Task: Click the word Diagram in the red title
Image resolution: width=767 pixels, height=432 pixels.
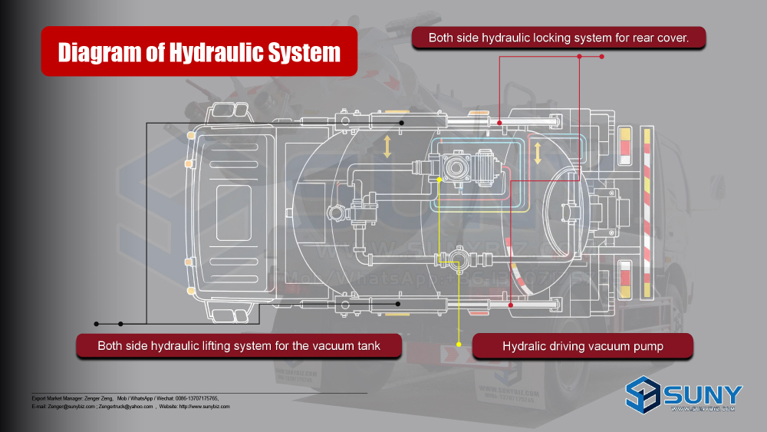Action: tap(100, 52)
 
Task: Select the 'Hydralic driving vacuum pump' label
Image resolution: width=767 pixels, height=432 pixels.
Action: tap(583, 346)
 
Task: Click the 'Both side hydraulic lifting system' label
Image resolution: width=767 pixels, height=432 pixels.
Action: tap(239, 346)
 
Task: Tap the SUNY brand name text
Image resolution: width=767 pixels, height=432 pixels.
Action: tap(703, 394)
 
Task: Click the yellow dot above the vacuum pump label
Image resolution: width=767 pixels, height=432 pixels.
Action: tap(459, 345)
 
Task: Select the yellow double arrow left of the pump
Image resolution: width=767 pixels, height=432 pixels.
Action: tap(387, 147)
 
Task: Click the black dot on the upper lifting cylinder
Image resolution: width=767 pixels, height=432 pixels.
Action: tap(401, 123)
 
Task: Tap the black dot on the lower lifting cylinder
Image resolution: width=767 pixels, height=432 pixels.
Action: tap(398, 304)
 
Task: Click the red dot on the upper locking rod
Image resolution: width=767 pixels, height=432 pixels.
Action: tap(499, 123)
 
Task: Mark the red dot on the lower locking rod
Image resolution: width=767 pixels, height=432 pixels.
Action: tap(512, 305)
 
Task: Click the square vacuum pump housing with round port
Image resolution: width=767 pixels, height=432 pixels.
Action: tap(459, 167)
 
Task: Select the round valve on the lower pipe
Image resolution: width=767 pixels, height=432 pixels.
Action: tap(459, 259)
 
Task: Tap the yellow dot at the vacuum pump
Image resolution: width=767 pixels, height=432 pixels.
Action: tap(439, 180)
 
